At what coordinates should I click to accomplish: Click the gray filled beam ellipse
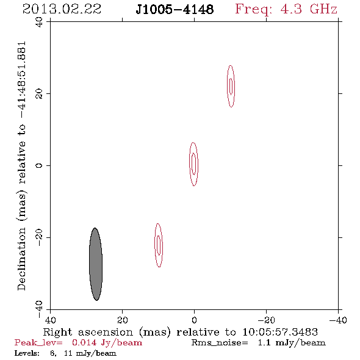click(96, 264)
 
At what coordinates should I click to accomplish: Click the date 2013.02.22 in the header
click(62, 9)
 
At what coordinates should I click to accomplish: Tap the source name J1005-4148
click(175, 9)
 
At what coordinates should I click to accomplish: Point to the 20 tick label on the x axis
click(122, 320)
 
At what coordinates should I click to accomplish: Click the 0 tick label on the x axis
click(194, 320)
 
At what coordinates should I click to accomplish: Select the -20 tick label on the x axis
click(266, 320)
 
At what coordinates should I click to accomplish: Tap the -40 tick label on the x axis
click(338, 320)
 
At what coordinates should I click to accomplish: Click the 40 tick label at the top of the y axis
click(39, 22)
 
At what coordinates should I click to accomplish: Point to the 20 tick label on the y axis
click(39, 94)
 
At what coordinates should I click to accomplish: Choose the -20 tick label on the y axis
click(39, 237)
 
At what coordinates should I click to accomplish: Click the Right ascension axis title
click(181, 332)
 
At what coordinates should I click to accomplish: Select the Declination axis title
click(21, 166)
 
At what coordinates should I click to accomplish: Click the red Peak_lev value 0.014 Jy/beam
click(107, 343)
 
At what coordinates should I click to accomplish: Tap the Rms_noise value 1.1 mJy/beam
click(292, 343)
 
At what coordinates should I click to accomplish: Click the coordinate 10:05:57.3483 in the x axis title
click(280, 332)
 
